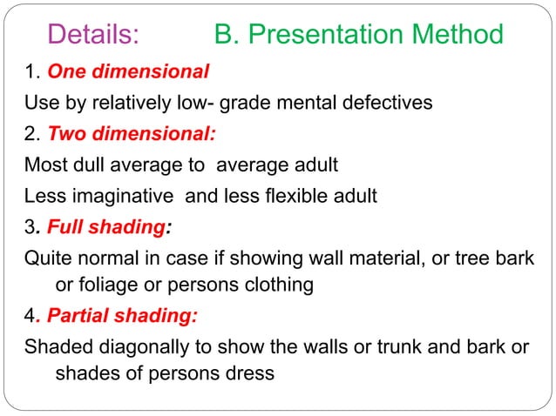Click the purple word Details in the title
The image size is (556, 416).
(x=94, y=34)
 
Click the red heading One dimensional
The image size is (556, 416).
(x=128, y=70)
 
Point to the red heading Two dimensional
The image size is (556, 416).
(x=132, y=134)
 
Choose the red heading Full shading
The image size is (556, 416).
(x=106, y=227)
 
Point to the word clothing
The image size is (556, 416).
(x=277, y=285)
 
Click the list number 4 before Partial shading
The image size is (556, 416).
(x=31, y=317)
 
